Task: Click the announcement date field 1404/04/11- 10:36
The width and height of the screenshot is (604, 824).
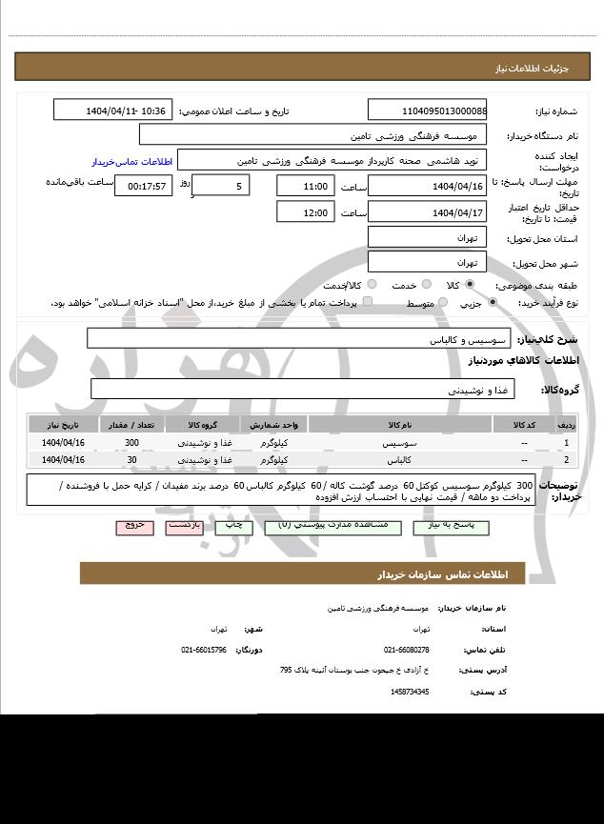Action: click(114, 111)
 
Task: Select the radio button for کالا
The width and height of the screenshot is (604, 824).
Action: click(470, 284)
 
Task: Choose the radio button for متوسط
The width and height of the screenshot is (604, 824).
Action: click(441, 302)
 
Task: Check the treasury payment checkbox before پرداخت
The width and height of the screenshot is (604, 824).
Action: click(368, 302)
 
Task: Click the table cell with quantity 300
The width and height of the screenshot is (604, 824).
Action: click(131, 443)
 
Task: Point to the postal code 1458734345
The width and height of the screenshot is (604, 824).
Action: click(410, 692)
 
